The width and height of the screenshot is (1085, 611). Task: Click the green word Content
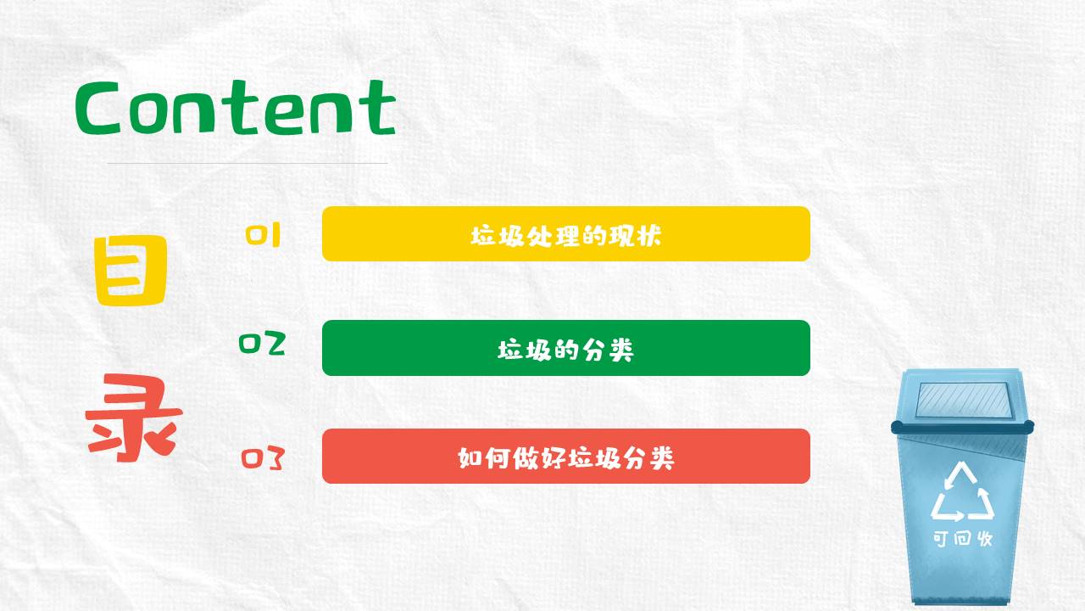coord(235,108)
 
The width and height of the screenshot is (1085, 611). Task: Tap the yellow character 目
coord(131,272)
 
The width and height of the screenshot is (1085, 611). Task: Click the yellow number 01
coord(263,235)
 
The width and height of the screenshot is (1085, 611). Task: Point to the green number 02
coord(262,345)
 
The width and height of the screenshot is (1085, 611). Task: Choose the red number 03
coord(262,458)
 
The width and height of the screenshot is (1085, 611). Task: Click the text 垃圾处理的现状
coord(565,235)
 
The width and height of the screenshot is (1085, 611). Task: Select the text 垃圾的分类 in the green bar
coord(565,349)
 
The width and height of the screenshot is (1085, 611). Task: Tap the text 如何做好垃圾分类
coord(565,458)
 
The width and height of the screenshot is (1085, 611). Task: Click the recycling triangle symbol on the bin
coord(962,492)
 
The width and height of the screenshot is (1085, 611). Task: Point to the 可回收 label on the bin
coord(962,539)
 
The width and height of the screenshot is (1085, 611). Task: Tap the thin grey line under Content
coord(247,163)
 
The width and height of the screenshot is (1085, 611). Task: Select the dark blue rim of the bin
coord(962,426)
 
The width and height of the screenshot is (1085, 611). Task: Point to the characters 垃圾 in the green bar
coord(519,349)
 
